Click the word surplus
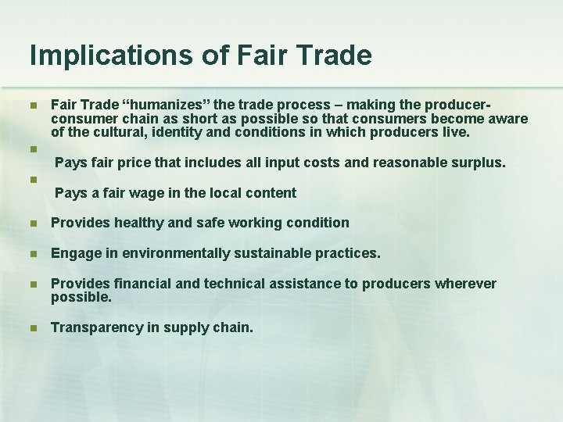[478, 163]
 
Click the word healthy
[139, 223]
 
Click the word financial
[143, 284]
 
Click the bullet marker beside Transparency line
[32, 328]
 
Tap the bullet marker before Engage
[32, 254]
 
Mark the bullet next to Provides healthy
[32, 223]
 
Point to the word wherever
[468, 284]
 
